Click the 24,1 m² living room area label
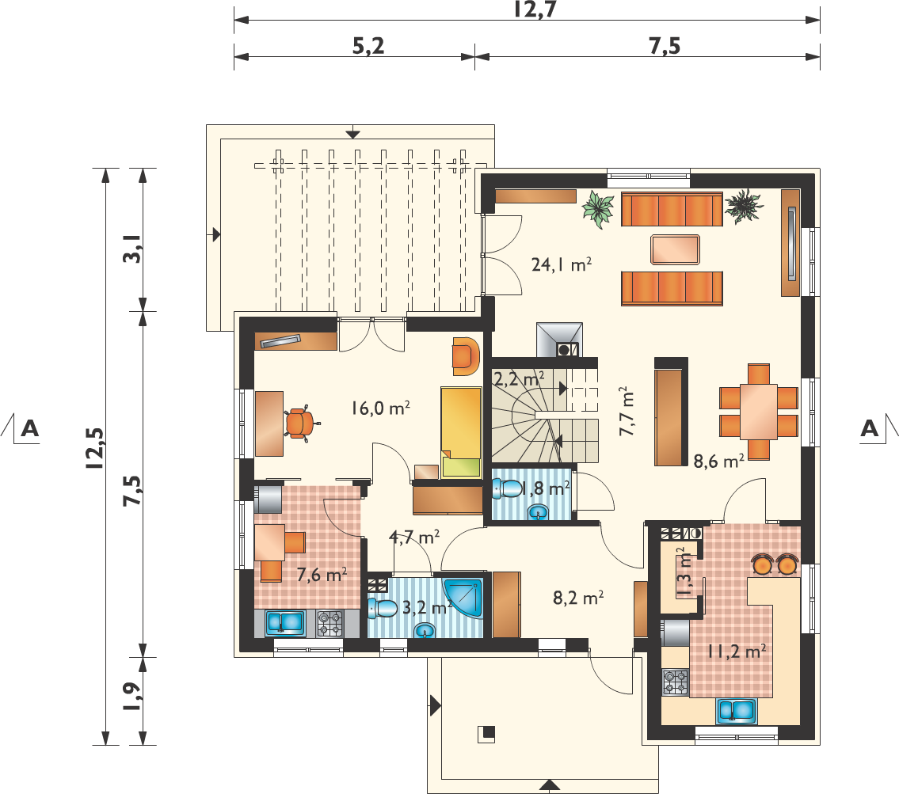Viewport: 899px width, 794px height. (562, 264)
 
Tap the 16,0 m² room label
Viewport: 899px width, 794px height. (381, 408)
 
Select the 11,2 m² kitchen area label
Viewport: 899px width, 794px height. (737, 652)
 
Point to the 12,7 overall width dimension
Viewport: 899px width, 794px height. (535, 9)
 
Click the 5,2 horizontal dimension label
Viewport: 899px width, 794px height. (368, 46)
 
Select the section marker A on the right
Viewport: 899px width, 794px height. (869, 428)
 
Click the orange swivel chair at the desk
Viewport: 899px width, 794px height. (300, 424)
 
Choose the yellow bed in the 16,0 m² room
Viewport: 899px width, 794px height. (461, 432)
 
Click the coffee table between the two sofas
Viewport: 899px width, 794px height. (675, 250)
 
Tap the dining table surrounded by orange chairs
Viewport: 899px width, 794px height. (759, 412)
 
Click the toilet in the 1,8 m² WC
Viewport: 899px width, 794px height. (508, 488)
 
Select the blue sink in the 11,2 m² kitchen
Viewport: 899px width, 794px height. (736, 711)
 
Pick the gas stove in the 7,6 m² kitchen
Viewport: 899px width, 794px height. (330, 623)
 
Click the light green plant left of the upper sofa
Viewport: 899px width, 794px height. (598, 209)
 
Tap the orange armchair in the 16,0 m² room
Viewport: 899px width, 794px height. (465, 356)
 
